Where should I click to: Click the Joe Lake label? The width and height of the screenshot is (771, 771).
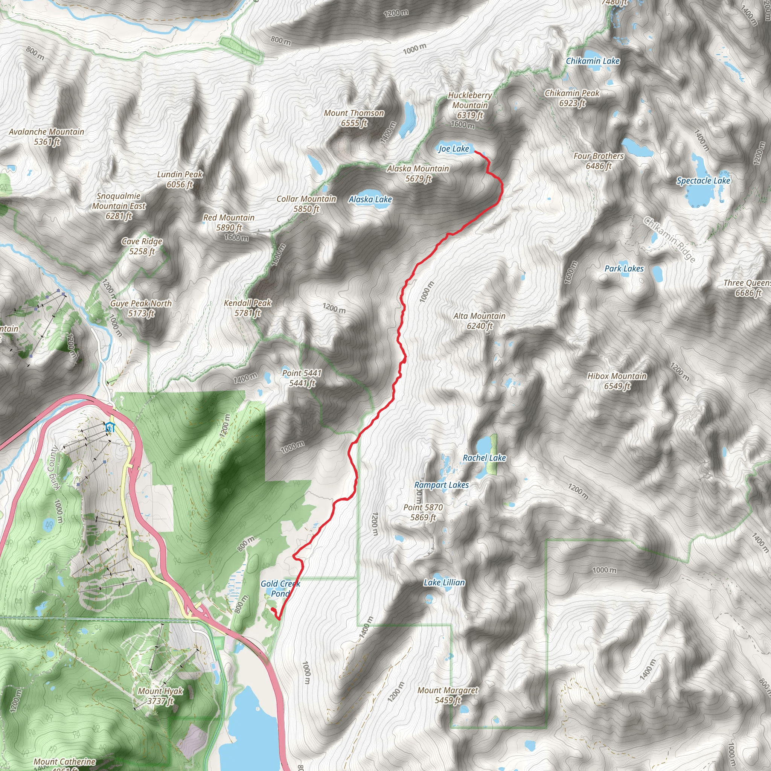(454, 149)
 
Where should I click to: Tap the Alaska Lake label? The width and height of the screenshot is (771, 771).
(370, 200)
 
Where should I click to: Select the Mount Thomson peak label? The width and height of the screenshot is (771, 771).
(354, 118)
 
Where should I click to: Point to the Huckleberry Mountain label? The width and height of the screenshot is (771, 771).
(470, 105)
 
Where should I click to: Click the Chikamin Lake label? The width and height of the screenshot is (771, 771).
(593, 61)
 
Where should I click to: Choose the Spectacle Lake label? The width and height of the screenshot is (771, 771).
(703, 181)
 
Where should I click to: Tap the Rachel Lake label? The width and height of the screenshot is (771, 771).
(484, 458)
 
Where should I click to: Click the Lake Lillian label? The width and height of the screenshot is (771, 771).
(444, 583)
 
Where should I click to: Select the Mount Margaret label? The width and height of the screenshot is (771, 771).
(447, 695)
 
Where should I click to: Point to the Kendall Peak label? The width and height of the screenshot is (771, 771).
(247, 308)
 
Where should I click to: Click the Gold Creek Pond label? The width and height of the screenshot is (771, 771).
(280, 589)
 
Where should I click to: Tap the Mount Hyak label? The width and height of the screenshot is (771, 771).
(160, 696)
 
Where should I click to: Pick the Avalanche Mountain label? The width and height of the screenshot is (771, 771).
(47, 137)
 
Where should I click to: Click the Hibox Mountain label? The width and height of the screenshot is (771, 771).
(617, 381)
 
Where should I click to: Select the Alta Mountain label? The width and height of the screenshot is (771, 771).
(479, 321)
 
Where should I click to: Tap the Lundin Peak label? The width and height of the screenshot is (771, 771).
(180, 179)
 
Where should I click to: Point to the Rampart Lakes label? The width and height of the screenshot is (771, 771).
(441, 485)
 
